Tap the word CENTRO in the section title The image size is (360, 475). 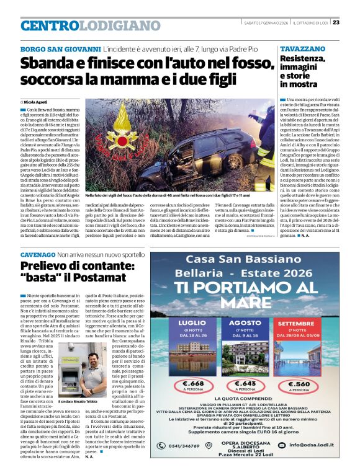coord(50,25)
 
